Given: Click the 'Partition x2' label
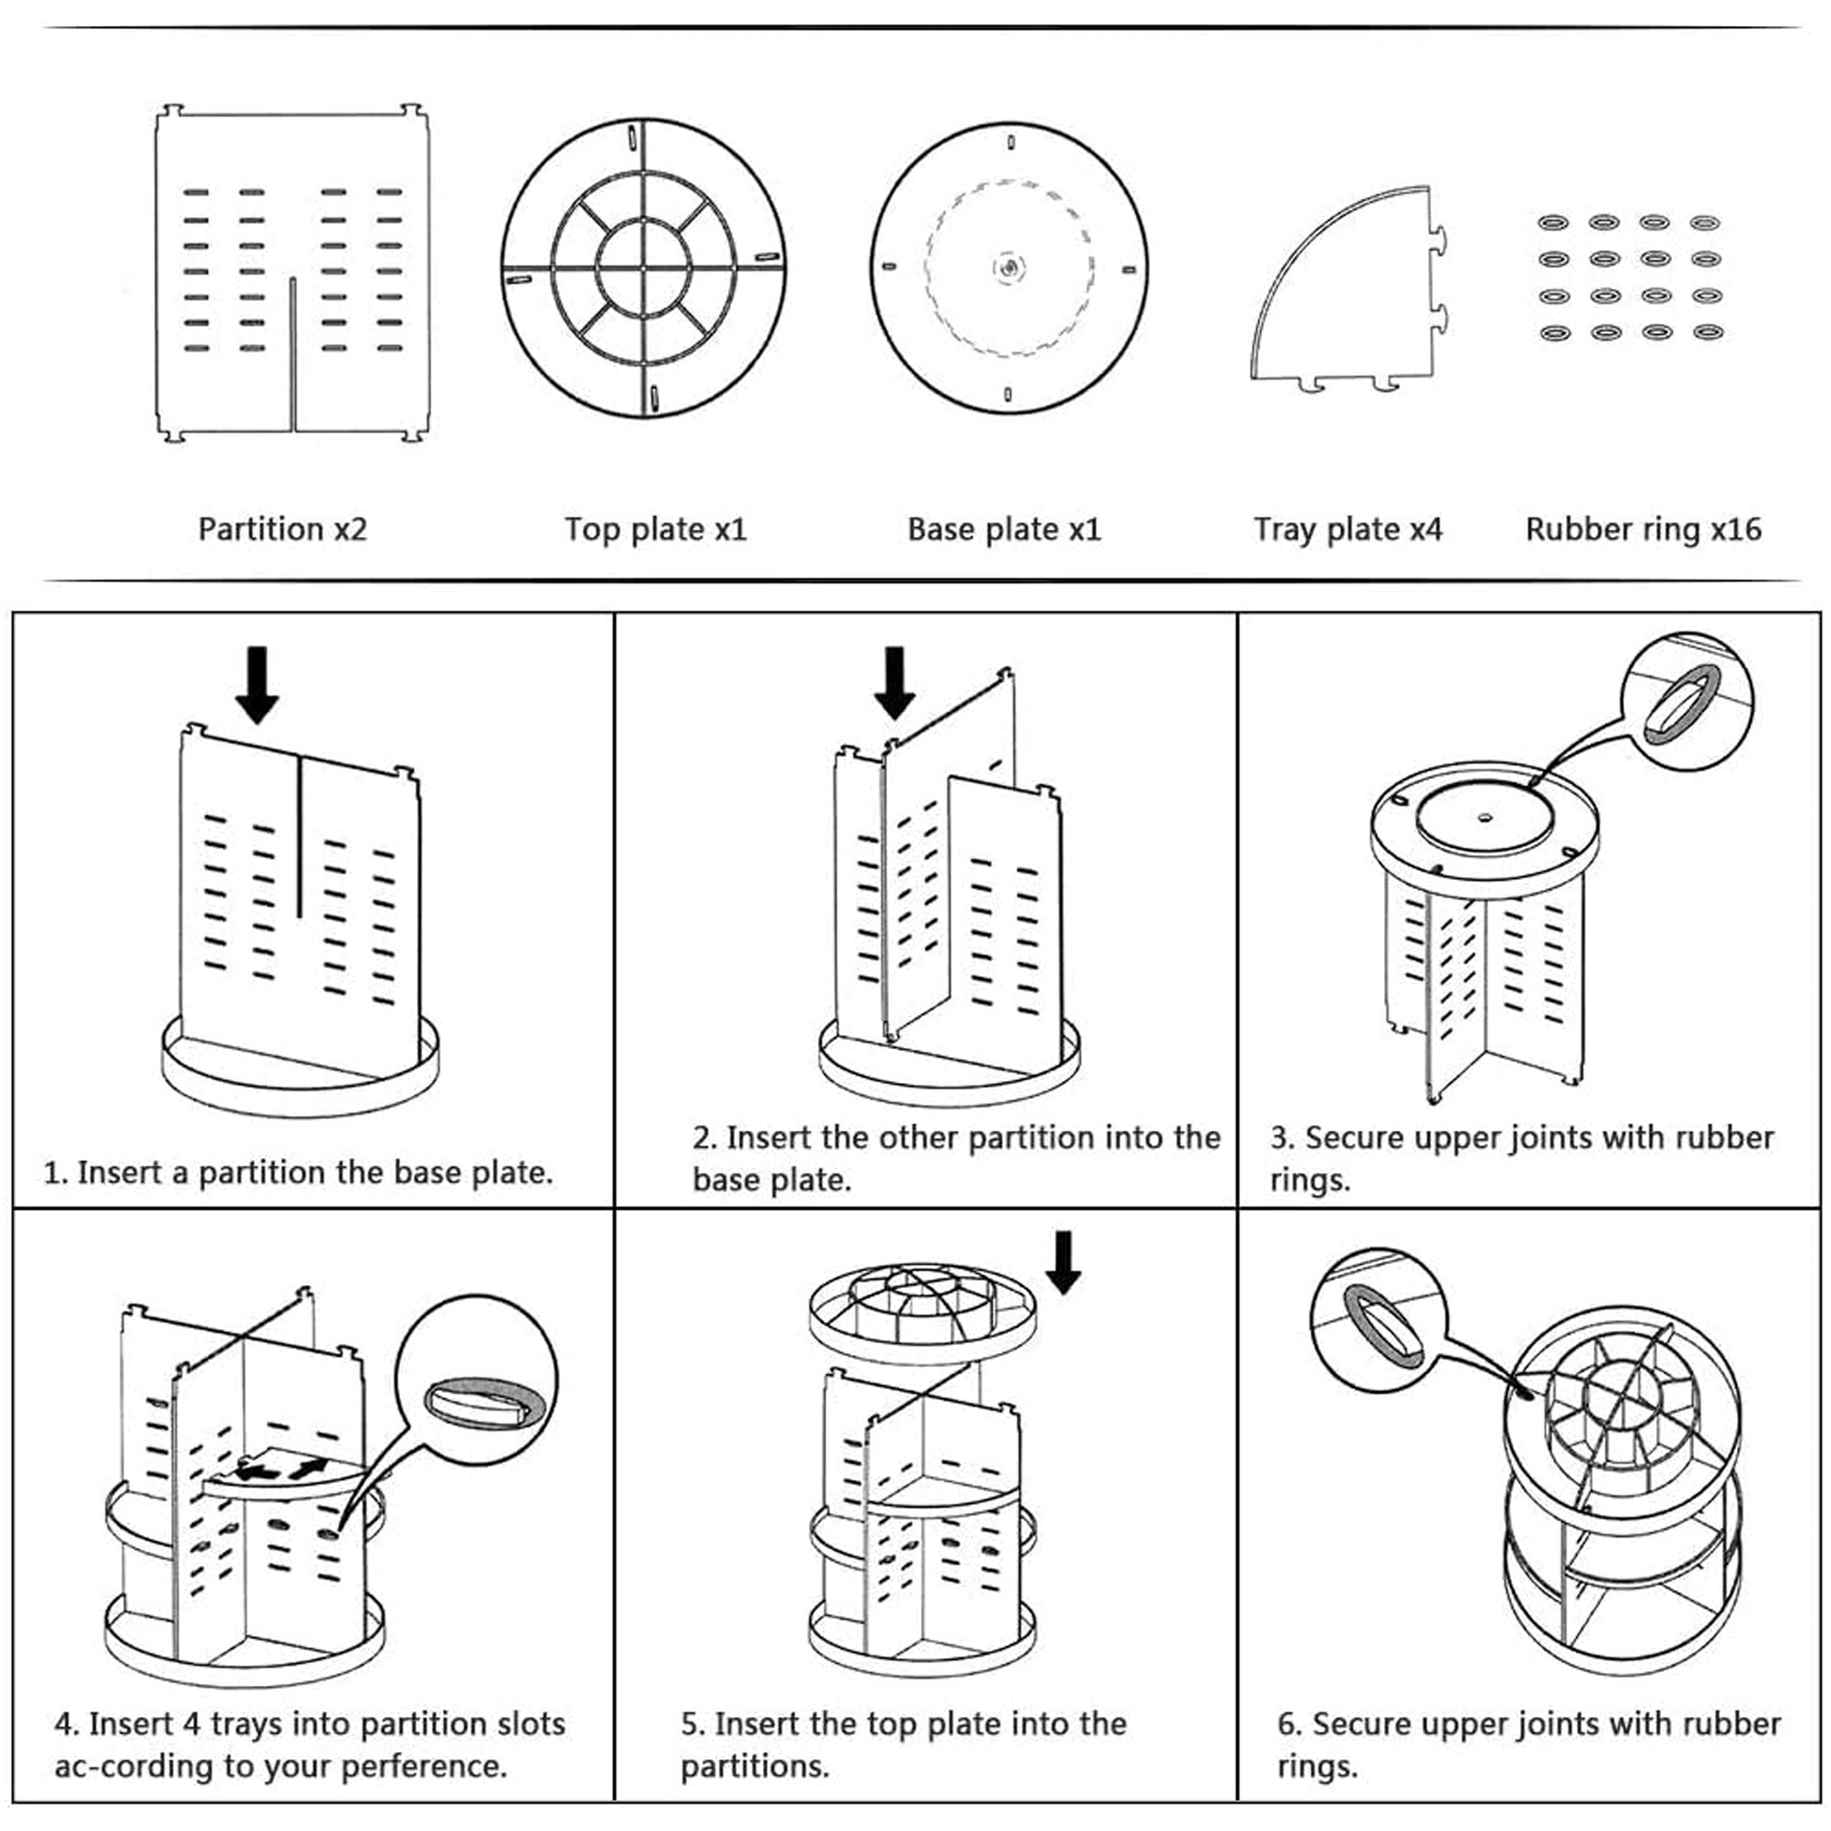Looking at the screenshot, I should pyautogui.click(x=281, y=529).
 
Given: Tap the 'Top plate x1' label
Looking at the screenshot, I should pyautogui.click(x=655, y=529).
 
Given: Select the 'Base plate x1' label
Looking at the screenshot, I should pyautogui.click(x=1004, y=529).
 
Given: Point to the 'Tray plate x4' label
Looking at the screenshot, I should pyautogui.click(x=1346, y=529).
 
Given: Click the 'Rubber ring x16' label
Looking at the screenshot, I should pyautogui.click(x=1643, y=529).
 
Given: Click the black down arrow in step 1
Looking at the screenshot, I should pyautogui.click(x=257, y=684).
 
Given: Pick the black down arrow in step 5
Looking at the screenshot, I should pyautogui.click(x=1063, y=1262).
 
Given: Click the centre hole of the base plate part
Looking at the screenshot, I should pyautogui.click(x=1009, y=267).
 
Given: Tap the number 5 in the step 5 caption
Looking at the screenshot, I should pyautogui.click(x=689, y=1724).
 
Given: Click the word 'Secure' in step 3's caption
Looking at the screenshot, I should pyautogui.click(x=1350, y=1138).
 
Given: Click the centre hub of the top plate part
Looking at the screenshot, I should pyautogui.click(x=644, y=268).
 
